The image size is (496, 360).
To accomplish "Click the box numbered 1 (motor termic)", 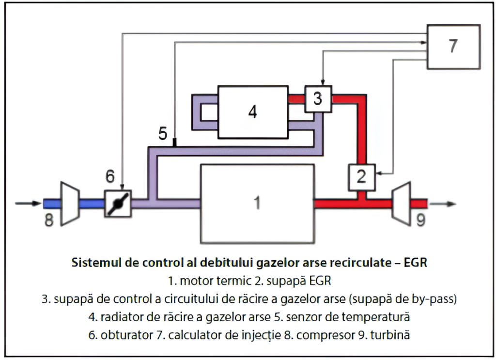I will coord(257,203).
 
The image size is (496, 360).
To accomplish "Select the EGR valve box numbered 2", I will coord(361,176).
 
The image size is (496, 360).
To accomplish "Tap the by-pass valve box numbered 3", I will coord(318,98).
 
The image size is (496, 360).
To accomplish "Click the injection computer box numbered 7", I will coord(453,47).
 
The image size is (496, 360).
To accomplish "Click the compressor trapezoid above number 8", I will coord(69,203).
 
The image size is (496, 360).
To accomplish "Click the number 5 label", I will coord(163,134).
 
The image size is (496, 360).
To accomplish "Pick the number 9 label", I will coord(420,220).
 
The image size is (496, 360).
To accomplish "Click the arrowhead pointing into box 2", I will coord(378,172).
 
